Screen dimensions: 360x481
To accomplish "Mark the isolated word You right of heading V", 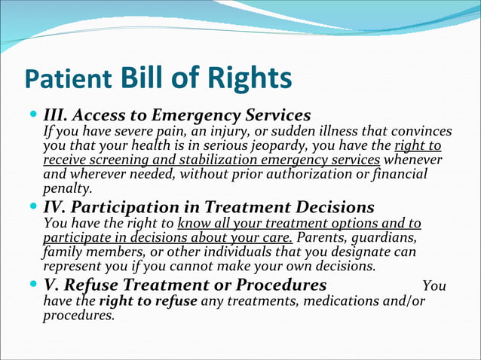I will tap(434, 286).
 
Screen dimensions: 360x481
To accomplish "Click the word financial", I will tap(400, 175).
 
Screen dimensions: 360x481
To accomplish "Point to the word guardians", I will tap(388, 239).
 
